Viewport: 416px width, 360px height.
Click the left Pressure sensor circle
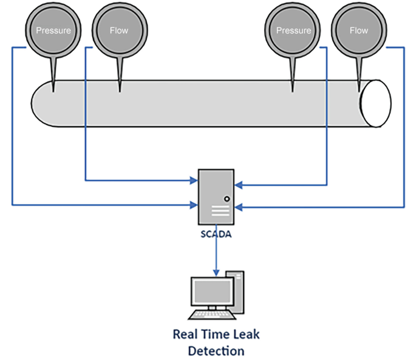tap(53, 30)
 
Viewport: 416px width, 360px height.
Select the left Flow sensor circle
tap(119, 30)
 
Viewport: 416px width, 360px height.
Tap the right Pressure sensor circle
tap(293, 30)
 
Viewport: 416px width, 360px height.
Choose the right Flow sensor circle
tap(359, 30)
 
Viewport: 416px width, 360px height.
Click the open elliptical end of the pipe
tap(375, 103)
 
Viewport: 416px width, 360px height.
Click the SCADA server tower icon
tap(216, 197)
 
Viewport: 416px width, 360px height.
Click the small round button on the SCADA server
tap(227, 198)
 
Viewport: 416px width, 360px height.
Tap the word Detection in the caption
tap(216, 351)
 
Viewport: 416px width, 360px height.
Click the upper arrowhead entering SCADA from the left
tap(194, 180)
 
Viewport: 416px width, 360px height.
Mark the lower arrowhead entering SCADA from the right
tap(238, 207)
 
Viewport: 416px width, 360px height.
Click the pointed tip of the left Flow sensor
tap(119, 91)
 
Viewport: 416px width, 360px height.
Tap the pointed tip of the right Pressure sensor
tap(293, 91)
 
